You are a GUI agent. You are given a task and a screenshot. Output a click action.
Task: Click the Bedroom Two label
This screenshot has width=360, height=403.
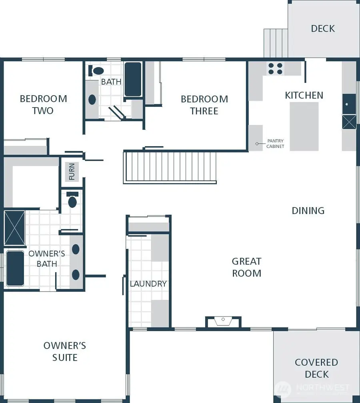point(43,104)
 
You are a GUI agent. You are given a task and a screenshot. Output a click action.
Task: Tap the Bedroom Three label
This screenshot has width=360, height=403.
point(204,105)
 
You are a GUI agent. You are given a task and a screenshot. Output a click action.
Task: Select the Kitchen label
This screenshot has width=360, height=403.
point(304,95)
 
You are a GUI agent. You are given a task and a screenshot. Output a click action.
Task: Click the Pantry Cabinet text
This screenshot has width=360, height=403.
point(275,144)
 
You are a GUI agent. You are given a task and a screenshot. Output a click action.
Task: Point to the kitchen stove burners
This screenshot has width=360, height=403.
point(275,68)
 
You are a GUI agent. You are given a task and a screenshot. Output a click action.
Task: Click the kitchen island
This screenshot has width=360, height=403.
point(304,126)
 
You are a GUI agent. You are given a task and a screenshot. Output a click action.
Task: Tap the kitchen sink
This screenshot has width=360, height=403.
point(349,104)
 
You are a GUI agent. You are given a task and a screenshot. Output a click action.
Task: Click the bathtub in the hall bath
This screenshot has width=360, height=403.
point(133,79)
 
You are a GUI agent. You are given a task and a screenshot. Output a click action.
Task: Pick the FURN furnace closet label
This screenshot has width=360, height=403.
point(72,172)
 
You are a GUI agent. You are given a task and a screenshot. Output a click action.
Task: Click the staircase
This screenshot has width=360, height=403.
point(170,167)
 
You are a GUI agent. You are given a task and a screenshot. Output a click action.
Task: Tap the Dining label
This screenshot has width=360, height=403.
point(308,210)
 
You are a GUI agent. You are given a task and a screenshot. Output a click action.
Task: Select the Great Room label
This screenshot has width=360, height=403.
point(246,267)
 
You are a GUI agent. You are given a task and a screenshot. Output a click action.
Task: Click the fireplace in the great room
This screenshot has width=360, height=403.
point(223,321)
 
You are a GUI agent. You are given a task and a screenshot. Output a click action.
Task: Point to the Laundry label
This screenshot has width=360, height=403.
point(148,283)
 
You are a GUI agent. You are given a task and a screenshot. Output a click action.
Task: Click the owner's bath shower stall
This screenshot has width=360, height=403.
point(14,227)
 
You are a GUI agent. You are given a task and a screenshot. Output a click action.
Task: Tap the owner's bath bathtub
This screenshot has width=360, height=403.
point(15,268)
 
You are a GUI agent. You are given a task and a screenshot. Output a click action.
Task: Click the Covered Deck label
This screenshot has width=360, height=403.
point(316,368)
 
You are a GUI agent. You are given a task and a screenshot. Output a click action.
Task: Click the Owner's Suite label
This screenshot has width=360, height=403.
point(65,351)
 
